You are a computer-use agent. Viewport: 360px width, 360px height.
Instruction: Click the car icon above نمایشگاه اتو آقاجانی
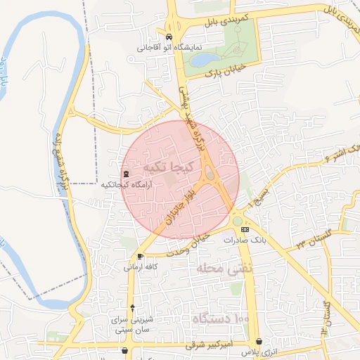169,37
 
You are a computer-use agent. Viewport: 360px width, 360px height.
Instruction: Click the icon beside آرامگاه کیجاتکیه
126,174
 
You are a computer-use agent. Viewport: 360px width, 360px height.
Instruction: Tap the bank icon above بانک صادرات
245,229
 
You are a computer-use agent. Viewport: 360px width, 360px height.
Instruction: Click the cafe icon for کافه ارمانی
141,257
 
